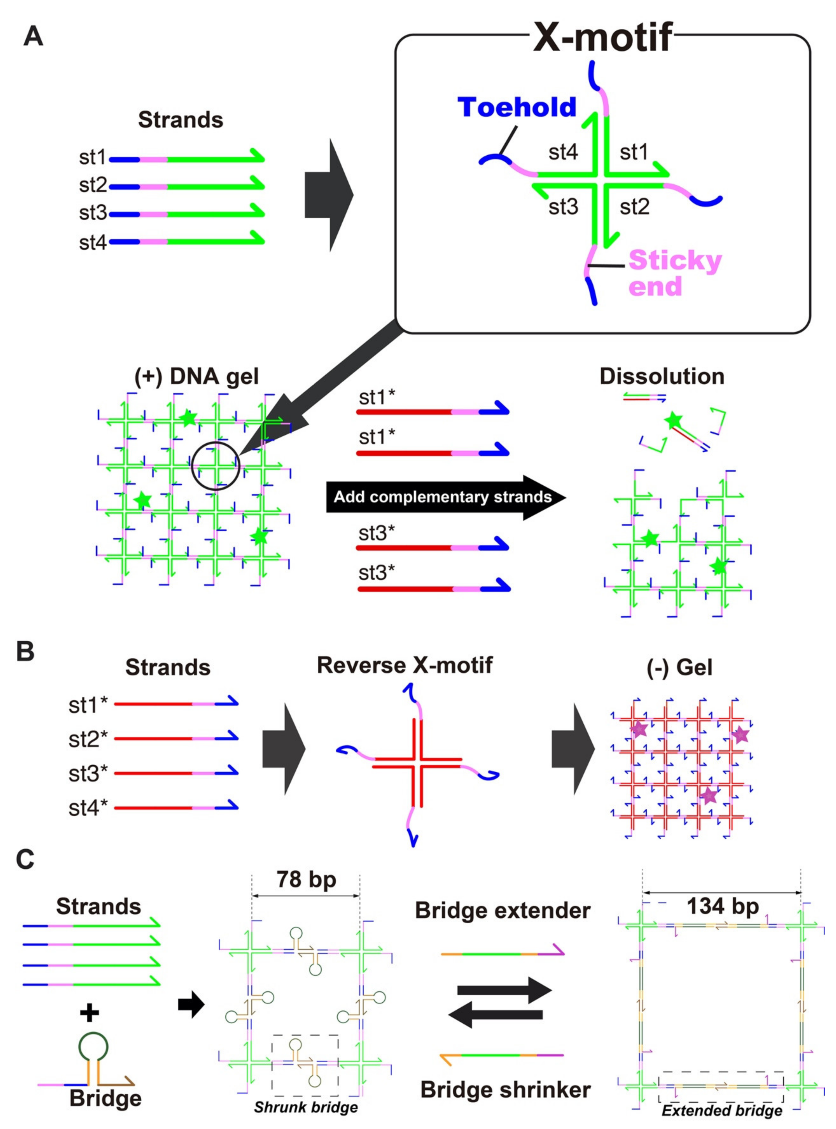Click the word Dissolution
(662, 377)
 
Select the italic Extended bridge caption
(722, 1111)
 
